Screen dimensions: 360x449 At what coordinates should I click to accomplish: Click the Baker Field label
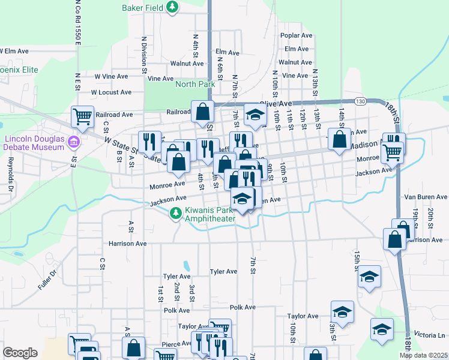point(142,8)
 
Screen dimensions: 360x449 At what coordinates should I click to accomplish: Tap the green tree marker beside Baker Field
point(173,7)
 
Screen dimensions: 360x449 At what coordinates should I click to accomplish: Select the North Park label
point(195,84)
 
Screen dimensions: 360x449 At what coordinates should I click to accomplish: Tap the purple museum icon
point(73,142)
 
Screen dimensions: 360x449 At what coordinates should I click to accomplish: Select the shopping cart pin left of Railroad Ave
point(82,115)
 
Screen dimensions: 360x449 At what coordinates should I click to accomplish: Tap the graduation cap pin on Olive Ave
point(255,115)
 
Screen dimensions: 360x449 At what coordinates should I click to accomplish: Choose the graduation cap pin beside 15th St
point(369,277)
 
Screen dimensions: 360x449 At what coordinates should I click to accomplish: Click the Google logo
point(20,353)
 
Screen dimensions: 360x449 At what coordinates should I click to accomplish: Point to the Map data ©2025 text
point(424,355)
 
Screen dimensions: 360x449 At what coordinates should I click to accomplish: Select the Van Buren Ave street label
point(425,197)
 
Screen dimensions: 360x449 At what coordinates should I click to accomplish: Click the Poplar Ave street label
point(297,35)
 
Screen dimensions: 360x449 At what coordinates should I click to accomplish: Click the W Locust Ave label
point(111,92)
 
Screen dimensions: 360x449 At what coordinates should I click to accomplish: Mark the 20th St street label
point(431,215)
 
